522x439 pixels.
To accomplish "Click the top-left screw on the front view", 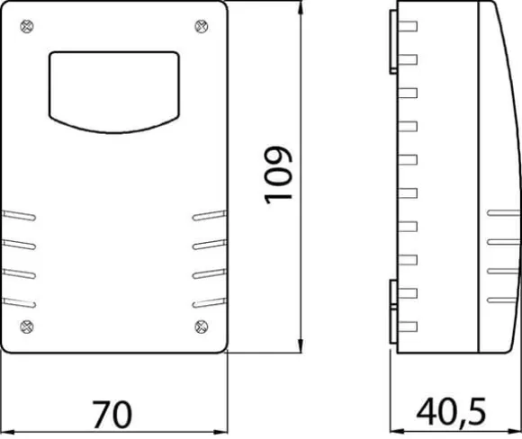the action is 27,27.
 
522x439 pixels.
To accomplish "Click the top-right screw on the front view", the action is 202,27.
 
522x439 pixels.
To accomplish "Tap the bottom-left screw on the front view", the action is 27,327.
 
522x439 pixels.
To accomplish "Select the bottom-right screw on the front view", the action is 202,327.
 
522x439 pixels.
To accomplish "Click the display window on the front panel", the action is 114,92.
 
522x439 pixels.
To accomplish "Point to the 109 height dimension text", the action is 278,175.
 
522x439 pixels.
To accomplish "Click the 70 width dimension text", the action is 112,415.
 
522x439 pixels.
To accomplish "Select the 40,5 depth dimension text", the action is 451,413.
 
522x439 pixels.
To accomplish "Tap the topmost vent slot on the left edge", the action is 19,215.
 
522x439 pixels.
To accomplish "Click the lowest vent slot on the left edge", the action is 19,303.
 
